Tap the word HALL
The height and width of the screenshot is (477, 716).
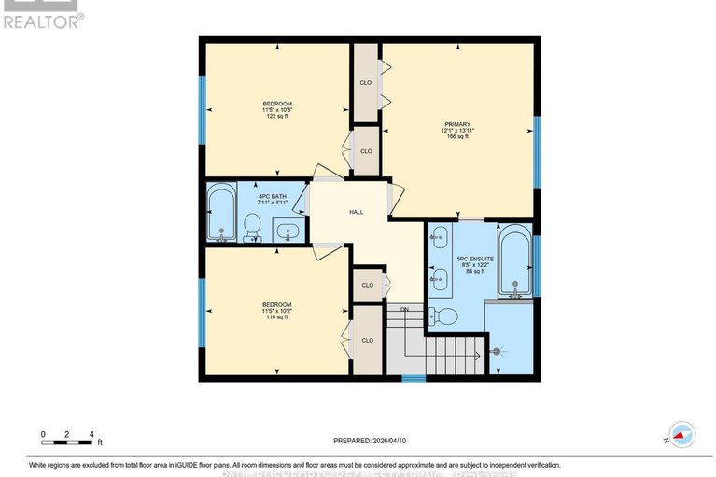click(356, 212)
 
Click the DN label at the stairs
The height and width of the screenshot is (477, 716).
click(404, 309)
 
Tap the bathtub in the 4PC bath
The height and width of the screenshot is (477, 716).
click(221, 214)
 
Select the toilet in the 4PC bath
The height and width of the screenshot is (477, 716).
click(252, 227)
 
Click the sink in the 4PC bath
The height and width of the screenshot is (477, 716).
click(288, 229)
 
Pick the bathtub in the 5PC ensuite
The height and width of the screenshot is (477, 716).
click(513, 261)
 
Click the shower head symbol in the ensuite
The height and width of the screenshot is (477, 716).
click(497, 351)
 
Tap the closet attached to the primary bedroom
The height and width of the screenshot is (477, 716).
click(366, 83)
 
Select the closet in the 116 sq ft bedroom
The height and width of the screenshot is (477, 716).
click(366, 340)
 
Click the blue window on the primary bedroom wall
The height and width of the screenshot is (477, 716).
click(537, 152)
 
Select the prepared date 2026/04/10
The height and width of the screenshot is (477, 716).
click(371, 442)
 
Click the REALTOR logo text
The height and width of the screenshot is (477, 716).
click(42, 19)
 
